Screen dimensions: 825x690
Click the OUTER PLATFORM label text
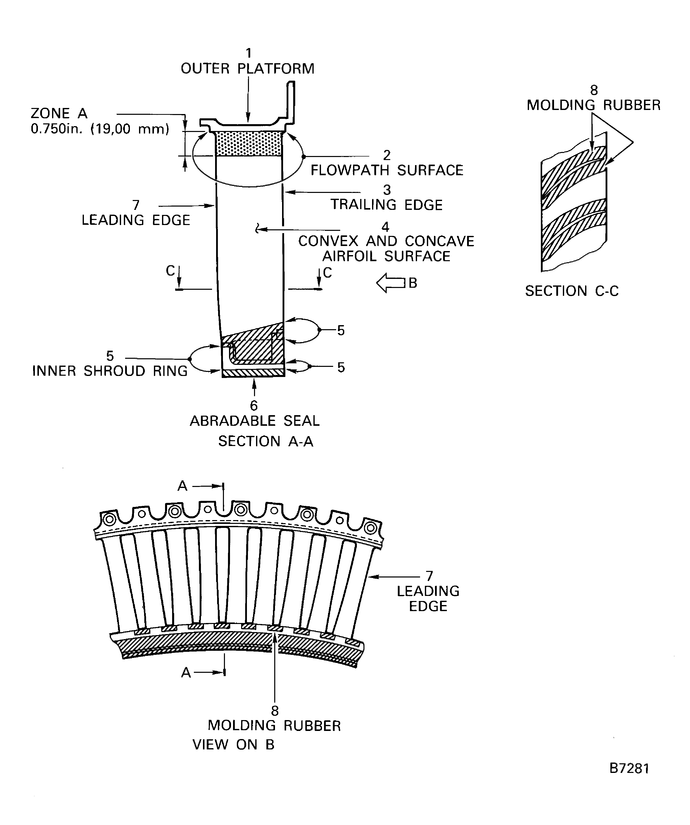(x=247, y=69)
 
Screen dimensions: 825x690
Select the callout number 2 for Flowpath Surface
(x=387, y=155)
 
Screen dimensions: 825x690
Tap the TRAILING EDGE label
(x=386, y=205)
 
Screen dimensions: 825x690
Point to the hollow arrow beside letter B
(x=390, y=283)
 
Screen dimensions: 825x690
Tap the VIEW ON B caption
(x=233, y=744)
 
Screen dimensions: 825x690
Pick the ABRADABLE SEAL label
(x=255, y=421)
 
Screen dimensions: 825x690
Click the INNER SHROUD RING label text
(x=110, y=371)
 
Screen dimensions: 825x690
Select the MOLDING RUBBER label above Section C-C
(x=593, y=105)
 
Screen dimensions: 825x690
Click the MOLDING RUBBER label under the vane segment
(x=274, y=725)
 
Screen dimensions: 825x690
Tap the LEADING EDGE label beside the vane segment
(x=428, y=598)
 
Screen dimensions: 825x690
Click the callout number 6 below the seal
(x=254, y=406)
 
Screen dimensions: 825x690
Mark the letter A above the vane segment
(x=182, y=486)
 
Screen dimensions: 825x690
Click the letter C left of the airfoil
(x=170, y=271)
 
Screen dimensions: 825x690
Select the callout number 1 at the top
(x=248, y=53)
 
